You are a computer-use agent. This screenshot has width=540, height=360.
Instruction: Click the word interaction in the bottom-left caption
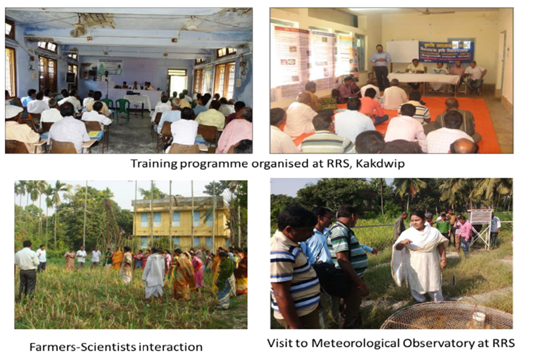(170, 347)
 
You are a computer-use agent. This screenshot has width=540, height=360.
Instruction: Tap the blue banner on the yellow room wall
(446, 52)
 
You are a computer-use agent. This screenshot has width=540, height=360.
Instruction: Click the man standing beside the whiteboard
(381, 67)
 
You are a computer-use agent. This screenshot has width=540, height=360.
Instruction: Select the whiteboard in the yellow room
(402, 52)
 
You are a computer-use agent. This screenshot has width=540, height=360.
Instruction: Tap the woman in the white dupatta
(420, 256)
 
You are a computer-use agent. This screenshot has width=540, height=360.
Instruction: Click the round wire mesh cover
(448, 315)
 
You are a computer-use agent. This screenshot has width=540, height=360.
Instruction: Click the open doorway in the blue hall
(178, 82)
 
